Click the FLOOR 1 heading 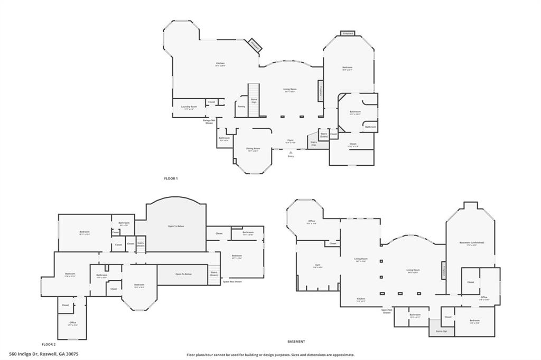(171, 178)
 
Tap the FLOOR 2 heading (48, 344)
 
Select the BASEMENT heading (296, 342)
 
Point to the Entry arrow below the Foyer (291, 153)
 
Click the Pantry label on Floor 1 (241, 107)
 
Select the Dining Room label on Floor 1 (253, 149)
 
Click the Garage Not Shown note (209, 121)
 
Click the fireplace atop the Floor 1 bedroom (348, 33)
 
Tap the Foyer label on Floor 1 (291, 140)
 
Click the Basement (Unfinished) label (472, 243)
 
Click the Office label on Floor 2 (73, 323)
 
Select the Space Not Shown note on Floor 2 (232, 281)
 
